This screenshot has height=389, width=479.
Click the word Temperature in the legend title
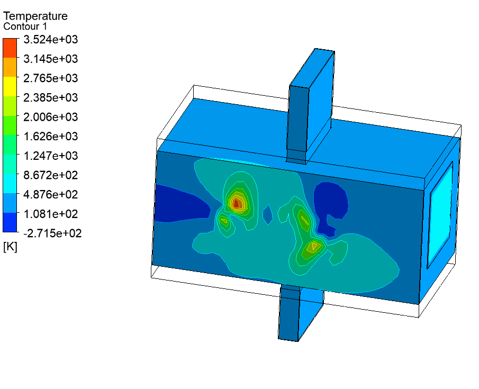pos(35,16)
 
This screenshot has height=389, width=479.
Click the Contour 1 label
pos(25,26)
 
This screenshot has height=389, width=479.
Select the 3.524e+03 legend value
pos(51,39)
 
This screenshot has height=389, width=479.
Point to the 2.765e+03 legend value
pos(51,78)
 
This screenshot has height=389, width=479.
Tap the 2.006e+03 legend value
pos(51,117)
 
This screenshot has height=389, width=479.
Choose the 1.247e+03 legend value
pos(51,156)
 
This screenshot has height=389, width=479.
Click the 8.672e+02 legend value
pos(51,175)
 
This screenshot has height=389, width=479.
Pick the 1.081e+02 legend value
pos(51,214)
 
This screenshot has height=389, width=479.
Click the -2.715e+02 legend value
pos(52,233)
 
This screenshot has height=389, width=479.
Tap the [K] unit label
pos(10,246)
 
